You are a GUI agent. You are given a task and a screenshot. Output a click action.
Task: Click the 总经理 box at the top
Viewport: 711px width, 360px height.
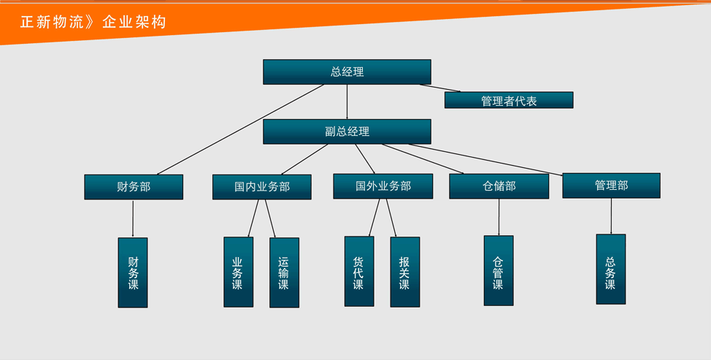(347, 72)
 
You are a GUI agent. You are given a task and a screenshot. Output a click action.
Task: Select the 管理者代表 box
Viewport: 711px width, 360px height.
(509, 101)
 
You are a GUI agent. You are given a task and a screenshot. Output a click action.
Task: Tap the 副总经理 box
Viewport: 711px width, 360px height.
(347, 131)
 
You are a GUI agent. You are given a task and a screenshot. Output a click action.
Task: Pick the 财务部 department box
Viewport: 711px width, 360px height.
(134, 187)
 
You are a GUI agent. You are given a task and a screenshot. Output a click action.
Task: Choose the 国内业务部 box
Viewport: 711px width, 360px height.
(262, 187)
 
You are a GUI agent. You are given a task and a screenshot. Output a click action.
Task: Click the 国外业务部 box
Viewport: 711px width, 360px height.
(383, 186)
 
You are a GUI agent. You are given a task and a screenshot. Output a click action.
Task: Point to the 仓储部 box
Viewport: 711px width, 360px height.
(499, 186)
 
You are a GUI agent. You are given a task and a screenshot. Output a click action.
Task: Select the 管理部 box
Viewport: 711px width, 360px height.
(611, 185)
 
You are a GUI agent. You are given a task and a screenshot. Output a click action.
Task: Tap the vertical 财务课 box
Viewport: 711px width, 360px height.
(133, 272)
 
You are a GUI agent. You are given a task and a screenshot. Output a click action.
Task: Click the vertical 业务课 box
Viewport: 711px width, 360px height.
(238, 272)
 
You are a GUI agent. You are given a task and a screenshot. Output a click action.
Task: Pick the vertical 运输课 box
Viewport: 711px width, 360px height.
(284, 272)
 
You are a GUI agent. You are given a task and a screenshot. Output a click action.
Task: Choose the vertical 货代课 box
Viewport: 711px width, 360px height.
(358, 271)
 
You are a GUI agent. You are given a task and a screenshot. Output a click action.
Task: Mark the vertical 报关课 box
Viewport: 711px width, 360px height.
(404, 272)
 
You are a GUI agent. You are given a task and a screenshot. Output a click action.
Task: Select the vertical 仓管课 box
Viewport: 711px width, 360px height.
(499, 270)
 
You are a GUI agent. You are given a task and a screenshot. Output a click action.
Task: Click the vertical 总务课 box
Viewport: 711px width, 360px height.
(610, 269)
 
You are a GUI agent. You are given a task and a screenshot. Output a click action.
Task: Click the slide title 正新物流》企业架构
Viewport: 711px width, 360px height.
(93, 22)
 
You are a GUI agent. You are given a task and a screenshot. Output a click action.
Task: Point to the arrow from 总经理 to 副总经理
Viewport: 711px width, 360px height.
(347, 102)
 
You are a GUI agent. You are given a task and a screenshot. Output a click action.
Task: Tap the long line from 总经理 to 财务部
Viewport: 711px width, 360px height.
(241, 129)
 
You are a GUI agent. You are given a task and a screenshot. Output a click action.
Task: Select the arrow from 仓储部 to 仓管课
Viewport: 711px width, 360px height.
(499, 217)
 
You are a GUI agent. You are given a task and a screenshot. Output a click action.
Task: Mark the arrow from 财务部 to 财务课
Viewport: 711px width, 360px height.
(133, 218)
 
